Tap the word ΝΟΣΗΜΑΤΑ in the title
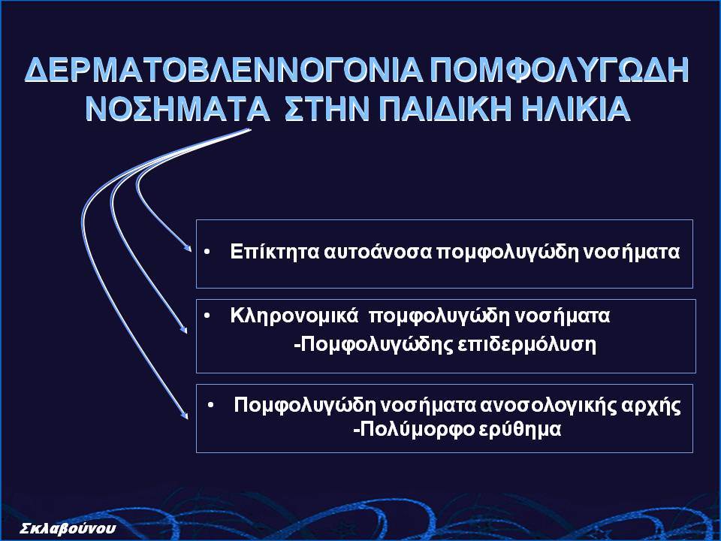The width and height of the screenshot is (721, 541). coord(177,109)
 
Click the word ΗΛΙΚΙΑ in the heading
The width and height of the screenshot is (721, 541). coord(576,109)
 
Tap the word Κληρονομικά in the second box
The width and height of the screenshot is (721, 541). coord(294,316)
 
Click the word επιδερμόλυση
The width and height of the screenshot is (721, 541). coord(527,345)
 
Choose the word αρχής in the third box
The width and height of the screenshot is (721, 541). coord(651,407)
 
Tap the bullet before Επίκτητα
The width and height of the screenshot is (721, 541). coord(207,252)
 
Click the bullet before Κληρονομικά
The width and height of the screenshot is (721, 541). coord(207,316)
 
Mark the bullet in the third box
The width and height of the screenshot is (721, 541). coord(210,406)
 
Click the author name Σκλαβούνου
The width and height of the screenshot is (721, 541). coord(68,528)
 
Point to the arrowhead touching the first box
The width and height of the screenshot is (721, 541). coord(188,247)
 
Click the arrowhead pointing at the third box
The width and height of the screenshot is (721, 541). coord(185,414)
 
